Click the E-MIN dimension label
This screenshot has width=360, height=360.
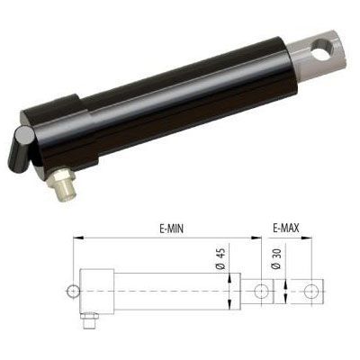[x=171, y=229]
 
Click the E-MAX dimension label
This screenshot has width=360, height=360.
[x=286, y=229]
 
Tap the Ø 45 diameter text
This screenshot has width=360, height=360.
[x=220, y=258]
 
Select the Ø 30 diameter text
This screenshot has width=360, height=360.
[x=276, y=258]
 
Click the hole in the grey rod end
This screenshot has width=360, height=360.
[x=322, y=48]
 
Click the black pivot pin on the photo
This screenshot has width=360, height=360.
[x=20, y=149]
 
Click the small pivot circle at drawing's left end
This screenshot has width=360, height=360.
[x=73, y=291]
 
